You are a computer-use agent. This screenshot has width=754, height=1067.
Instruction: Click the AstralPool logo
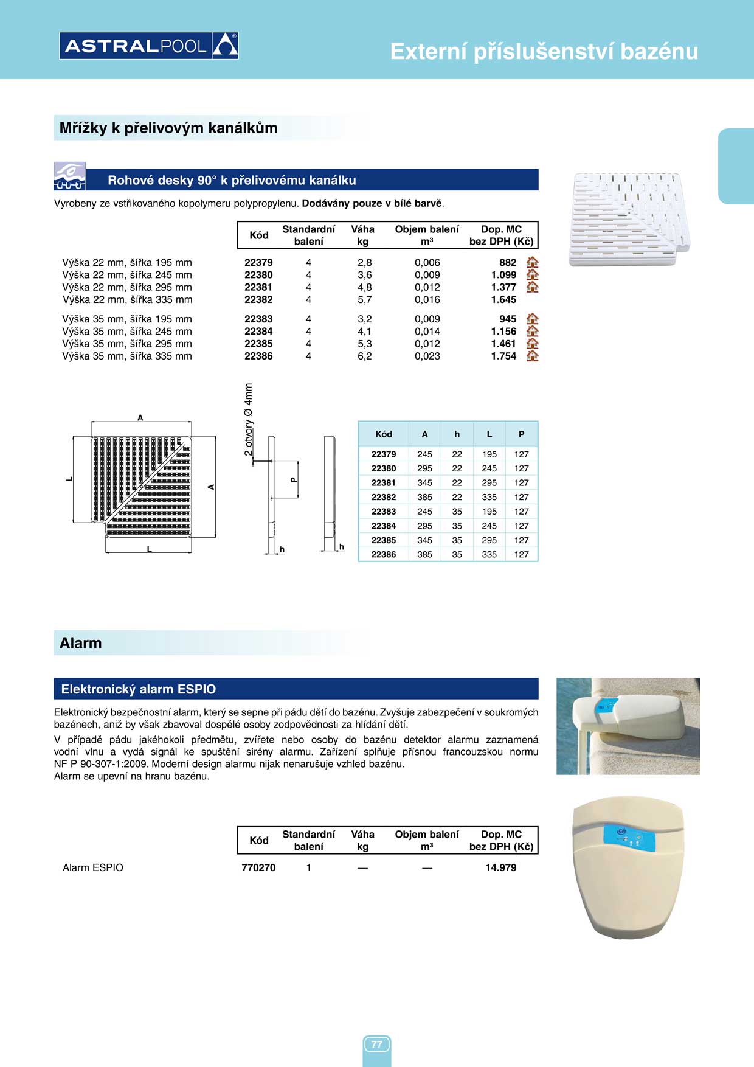coord(149,46)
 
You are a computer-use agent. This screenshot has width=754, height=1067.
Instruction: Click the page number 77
coord(377,1044)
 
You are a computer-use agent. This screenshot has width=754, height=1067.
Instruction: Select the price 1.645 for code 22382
coord(503,299)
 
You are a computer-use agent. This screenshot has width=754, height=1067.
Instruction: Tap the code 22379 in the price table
coord(258,262)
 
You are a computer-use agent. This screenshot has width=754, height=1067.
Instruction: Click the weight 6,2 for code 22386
coord(364,356)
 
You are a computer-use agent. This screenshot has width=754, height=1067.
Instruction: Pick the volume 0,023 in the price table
coord(427,356)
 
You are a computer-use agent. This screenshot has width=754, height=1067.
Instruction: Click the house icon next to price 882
coord(532,262)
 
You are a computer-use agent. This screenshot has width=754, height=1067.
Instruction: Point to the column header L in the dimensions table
coord(489,434)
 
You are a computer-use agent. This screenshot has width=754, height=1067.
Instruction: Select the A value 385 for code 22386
coord(424,554)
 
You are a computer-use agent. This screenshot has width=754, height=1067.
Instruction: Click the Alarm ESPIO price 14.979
coord(500,867)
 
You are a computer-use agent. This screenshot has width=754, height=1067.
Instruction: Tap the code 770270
coord(258,867)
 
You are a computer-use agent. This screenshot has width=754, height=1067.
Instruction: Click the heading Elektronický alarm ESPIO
coord(139,689)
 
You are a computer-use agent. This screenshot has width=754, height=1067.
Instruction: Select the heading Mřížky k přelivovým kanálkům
coord(168,128)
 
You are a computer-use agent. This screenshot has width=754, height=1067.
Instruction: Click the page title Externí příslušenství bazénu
coord(544,52)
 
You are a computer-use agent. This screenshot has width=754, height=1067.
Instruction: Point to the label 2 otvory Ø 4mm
coord(248,419)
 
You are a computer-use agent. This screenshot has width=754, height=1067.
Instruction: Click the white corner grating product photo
coord(629,219)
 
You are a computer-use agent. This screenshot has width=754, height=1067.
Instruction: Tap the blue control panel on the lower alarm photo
coord(629,839)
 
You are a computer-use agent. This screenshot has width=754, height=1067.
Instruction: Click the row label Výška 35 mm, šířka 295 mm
coord(127,344)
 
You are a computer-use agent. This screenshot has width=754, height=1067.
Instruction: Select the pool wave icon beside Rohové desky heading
coord(69,176)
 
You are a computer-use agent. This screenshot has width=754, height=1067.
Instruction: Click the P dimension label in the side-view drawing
coord(293,479)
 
